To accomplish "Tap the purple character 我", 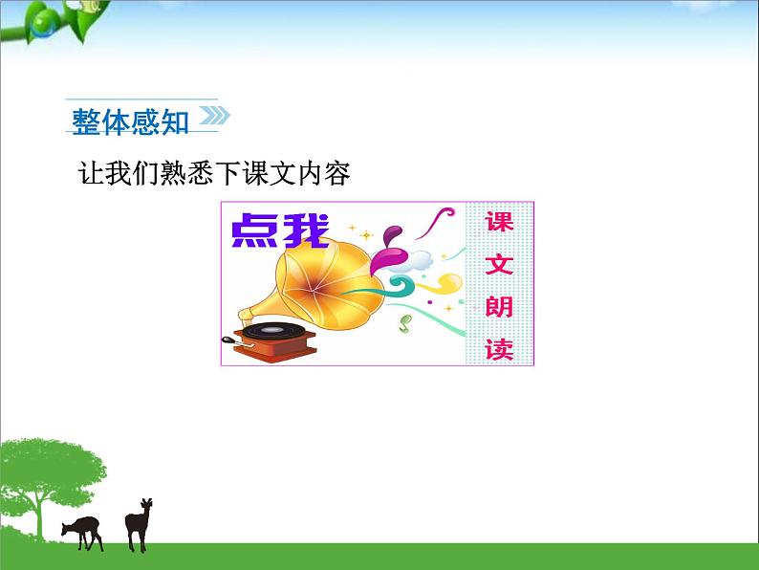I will [x=305, y=230].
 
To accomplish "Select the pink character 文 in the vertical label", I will [x=498, y=264].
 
